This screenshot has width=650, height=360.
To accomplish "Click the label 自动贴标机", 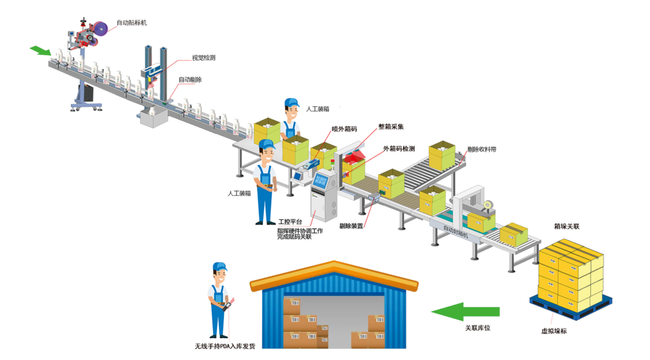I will pos(131,23).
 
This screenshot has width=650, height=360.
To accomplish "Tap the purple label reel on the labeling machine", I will pos(101,29).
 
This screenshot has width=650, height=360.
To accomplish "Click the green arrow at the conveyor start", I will pos(40,50).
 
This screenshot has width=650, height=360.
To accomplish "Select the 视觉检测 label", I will pos(203,58).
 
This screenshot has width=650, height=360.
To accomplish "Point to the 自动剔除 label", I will pos(190,80).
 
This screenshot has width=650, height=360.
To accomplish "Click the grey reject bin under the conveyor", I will pos(154,118).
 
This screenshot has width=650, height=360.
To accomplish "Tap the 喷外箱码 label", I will pos(344,129).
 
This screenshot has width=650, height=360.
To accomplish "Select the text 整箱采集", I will pos(391,127).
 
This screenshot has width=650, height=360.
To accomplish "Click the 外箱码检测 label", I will pos(399,149).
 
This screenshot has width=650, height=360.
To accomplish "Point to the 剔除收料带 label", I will pos(481,150).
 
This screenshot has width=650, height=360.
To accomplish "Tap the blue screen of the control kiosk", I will pos(321,180).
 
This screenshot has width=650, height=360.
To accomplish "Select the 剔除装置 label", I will pos(351,226).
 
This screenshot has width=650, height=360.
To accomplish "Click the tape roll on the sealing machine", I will pos(488,205).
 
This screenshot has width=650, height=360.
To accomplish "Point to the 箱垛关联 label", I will pos(566,226).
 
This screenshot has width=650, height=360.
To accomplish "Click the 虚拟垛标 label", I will pos(554,331).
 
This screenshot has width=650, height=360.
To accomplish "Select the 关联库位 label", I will pos(477,328).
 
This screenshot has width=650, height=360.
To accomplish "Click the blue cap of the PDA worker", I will pos(219,266).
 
